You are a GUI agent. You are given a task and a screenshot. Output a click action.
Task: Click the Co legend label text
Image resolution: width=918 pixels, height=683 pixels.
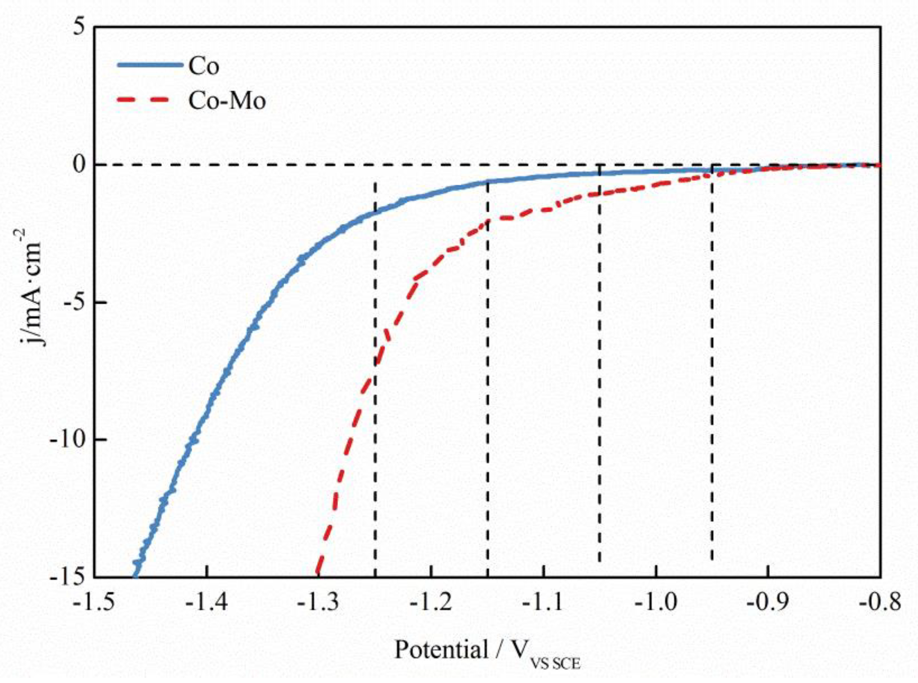click(204, 66)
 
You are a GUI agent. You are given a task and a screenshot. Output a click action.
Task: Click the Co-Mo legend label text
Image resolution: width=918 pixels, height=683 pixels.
click(227, 100)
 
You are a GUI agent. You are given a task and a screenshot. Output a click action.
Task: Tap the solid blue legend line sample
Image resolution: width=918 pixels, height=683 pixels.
click(150, 65)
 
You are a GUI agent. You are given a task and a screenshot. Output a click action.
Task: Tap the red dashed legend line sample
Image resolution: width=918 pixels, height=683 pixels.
click(143, 100)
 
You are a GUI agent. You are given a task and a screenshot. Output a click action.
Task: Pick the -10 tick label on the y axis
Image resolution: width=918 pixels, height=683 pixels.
click(68, 439)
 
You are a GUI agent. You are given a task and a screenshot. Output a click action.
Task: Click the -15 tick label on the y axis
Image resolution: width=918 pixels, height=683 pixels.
click(68, 576)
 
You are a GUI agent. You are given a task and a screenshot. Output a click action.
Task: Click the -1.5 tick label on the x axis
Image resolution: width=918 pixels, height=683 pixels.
click(94, 603)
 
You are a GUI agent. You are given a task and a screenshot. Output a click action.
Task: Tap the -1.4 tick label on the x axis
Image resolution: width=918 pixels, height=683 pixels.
click(207, 603)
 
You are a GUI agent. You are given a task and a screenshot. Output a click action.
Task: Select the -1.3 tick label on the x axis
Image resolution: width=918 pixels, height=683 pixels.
click(319, 603)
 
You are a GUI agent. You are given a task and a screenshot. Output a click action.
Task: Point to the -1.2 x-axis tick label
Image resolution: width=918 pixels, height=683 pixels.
click(431, 603)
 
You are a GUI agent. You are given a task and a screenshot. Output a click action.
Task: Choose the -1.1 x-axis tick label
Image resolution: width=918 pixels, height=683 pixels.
click(544, 603)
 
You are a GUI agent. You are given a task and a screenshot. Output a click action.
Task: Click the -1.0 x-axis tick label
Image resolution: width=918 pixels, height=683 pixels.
click(656, 603)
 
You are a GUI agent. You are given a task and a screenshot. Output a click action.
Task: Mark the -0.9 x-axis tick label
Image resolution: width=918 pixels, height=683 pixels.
click(768, 603)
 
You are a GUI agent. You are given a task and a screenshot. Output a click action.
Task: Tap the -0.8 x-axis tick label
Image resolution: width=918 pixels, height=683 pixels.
click(880, 603)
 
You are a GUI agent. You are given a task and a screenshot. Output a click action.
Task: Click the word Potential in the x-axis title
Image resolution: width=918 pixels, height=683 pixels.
click(441, 650)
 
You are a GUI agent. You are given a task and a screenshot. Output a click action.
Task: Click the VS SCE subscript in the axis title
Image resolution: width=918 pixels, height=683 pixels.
click(555, 664)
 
